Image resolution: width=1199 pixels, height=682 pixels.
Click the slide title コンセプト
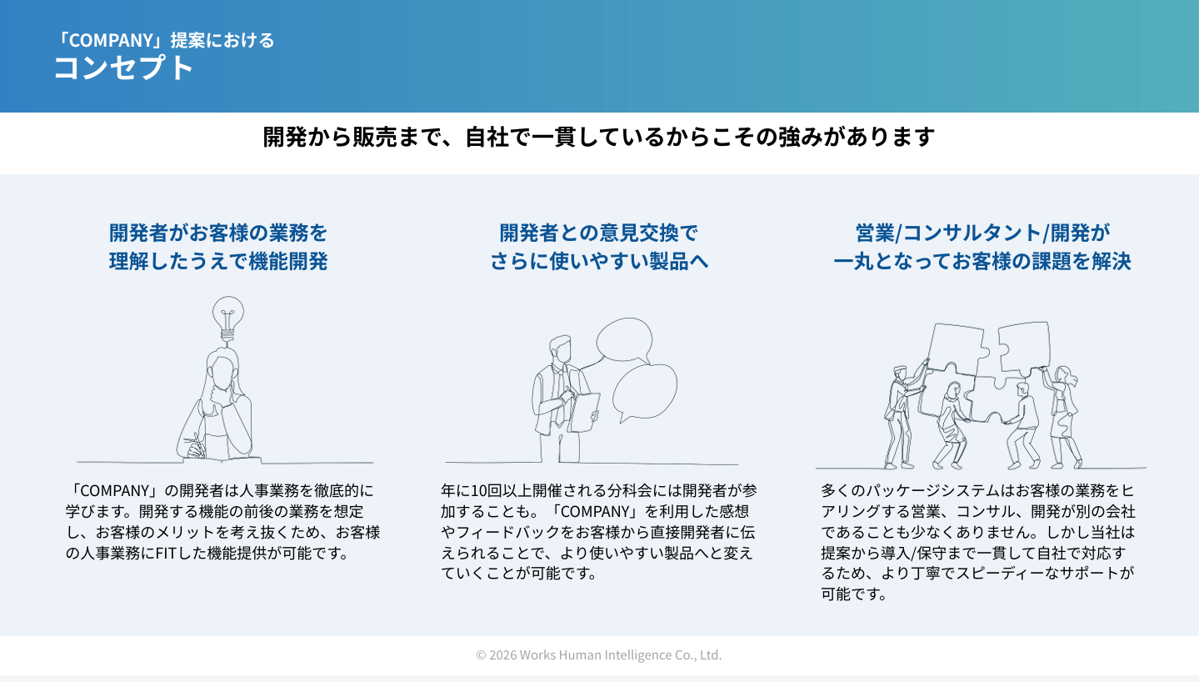tap(123, 68)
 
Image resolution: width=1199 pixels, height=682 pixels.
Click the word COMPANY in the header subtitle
tap(112, 40)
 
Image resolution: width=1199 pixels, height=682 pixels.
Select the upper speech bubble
tap(624, 339)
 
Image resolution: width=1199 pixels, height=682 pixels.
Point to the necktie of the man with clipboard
tap(559, 397)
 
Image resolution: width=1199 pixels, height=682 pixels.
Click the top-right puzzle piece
tap(1023, 349)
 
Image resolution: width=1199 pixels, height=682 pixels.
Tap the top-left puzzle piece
tap(957, 349)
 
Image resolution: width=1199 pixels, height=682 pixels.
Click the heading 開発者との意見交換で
tap(599, 233)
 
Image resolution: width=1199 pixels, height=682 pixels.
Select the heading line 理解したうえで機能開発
tap(218, 262)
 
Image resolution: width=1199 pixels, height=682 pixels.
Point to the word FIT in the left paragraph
tap(166, 553)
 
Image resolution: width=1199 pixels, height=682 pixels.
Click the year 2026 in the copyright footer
tap(502, 654)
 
